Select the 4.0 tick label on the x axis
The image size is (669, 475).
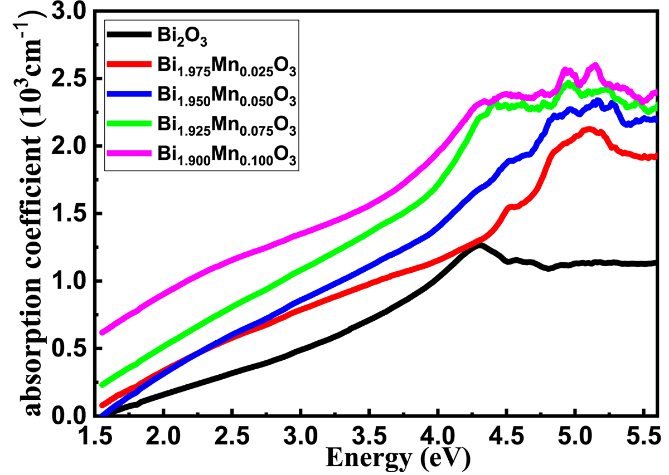[x=438, y=434]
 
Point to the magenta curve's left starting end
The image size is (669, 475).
[x=102, y=332]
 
